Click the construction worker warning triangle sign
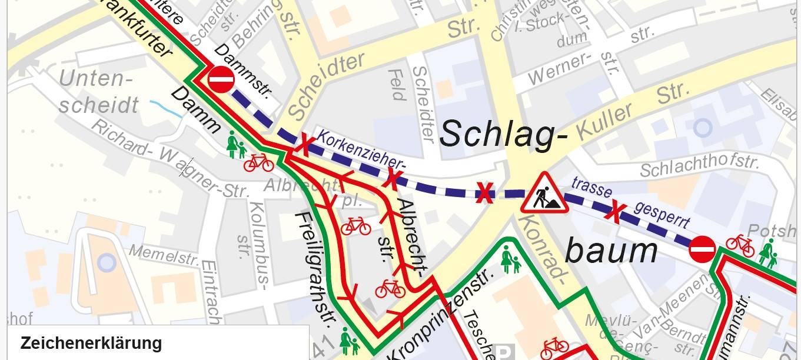point(544,194)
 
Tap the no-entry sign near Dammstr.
point(221,79)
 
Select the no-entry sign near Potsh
point(702,249)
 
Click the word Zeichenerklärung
point(91,343)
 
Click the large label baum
point(611,251)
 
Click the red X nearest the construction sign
point(484,192)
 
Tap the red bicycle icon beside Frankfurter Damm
point(258,162)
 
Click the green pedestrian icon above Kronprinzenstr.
point(510,259)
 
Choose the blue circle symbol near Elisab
point(703,128)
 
